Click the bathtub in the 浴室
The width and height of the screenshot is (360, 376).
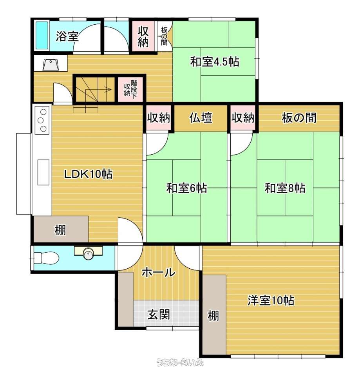point(42,36)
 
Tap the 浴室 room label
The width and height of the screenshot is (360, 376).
point(67,36)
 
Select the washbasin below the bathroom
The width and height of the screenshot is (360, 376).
point(51,65)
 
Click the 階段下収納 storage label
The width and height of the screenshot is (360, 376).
point(130,88)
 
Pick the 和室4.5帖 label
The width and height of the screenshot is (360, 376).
point(215,61)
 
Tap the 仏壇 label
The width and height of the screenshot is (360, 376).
point(201,118)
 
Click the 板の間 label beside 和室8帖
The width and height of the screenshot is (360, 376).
point(299,118)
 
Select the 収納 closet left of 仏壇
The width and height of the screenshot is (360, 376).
point(159,118)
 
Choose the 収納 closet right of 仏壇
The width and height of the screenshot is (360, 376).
point(243,118)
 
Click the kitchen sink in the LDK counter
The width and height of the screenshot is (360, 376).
point(43,172)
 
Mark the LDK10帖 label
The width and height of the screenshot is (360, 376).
point(88,174)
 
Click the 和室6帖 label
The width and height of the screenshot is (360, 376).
point(186,188)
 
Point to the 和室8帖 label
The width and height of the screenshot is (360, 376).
point(285,188)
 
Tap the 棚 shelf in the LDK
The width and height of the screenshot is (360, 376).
point(61,229)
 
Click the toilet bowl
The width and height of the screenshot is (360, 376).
point(46,258)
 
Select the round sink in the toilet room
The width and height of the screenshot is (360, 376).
point(89,254)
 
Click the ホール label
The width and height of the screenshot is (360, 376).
point(159,273)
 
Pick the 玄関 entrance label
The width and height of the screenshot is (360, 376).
point(159,315)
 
